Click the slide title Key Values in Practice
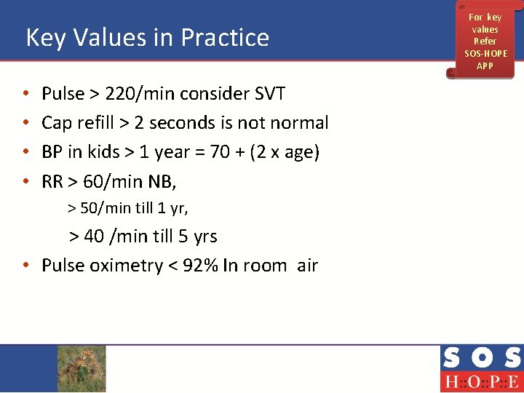(x=147, y=37)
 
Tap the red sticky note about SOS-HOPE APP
(x=485, y=41)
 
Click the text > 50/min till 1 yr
(x=128, y=209)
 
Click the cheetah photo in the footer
(x=82, y=368)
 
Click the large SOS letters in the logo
(x=480, y=358)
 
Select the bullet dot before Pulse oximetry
(x=26, y=266)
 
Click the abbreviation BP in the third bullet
(x=52, y=152)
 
